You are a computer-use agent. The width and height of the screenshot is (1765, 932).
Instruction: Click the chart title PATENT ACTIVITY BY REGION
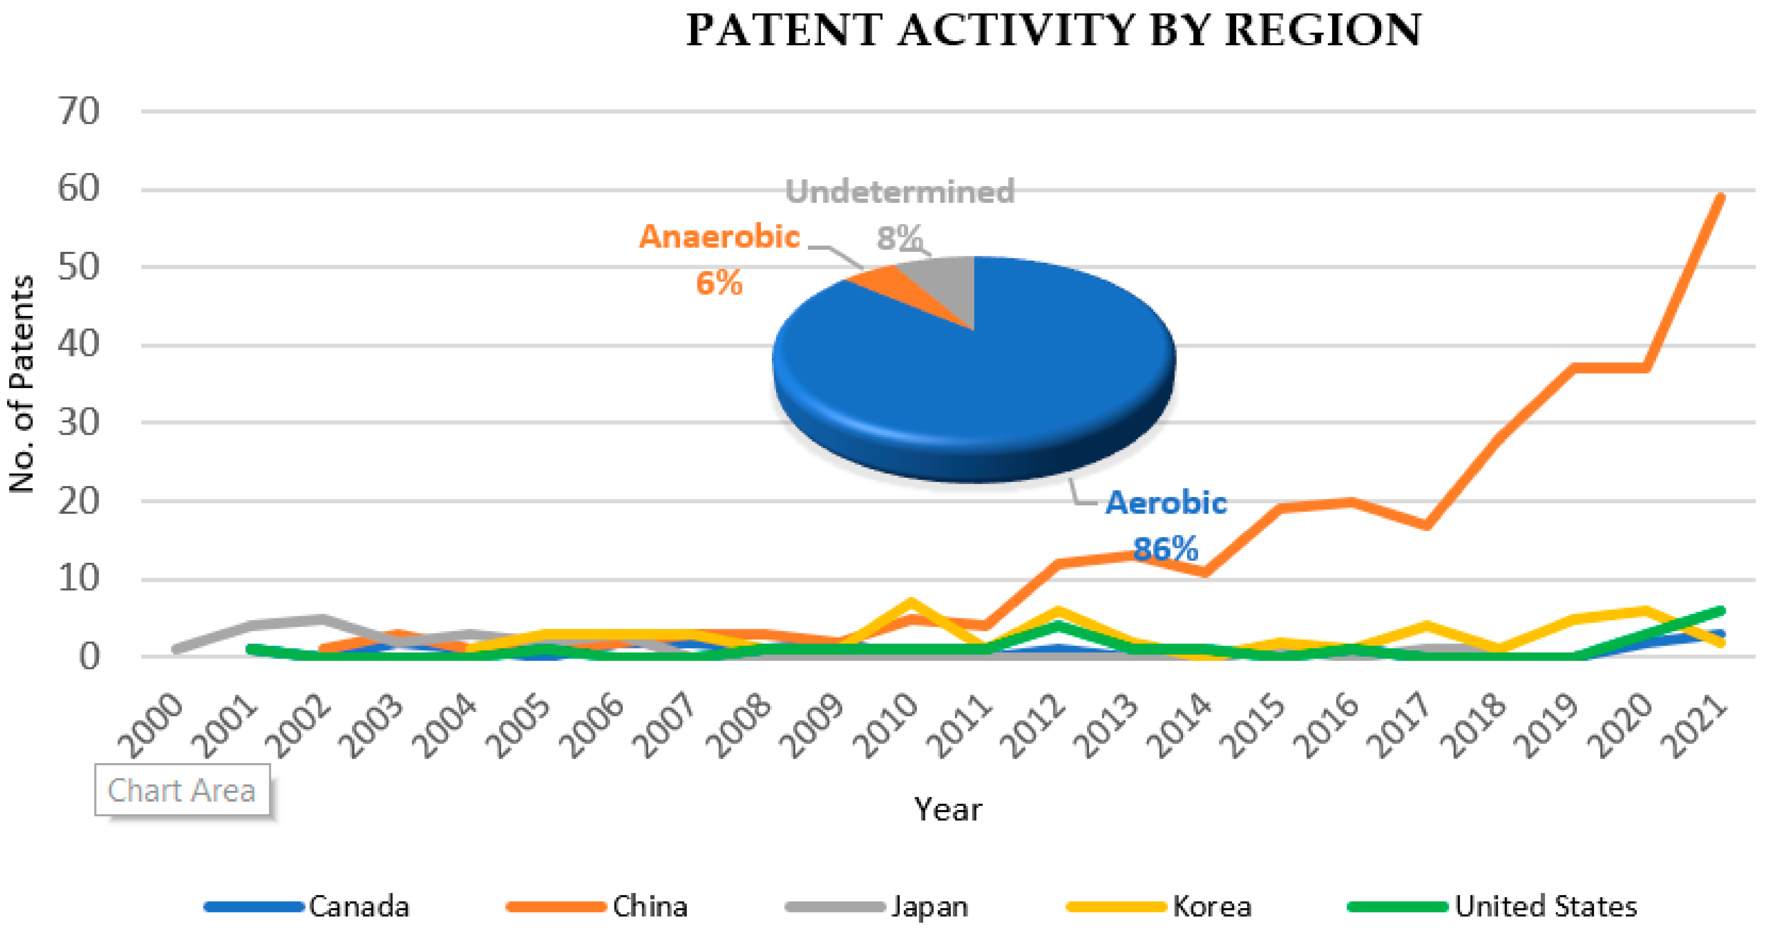1054,30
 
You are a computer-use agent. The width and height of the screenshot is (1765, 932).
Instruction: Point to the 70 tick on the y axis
78,111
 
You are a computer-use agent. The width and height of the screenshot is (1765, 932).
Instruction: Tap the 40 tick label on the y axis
78,344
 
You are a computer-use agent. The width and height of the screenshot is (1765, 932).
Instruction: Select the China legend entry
650,906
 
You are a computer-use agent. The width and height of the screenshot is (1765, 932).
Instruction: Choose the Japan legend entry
929,906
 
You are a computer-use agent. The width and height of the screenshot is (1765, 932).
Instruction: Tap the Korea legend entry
1212,906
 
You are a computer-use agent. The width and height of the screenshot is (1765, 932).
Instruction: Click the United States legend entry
1546,906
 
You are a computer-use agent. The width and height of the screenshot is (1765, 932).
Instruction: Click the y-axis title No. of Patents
22,384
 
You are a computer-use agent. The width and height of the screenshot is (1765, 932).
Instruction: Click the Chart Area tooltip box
182,790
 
